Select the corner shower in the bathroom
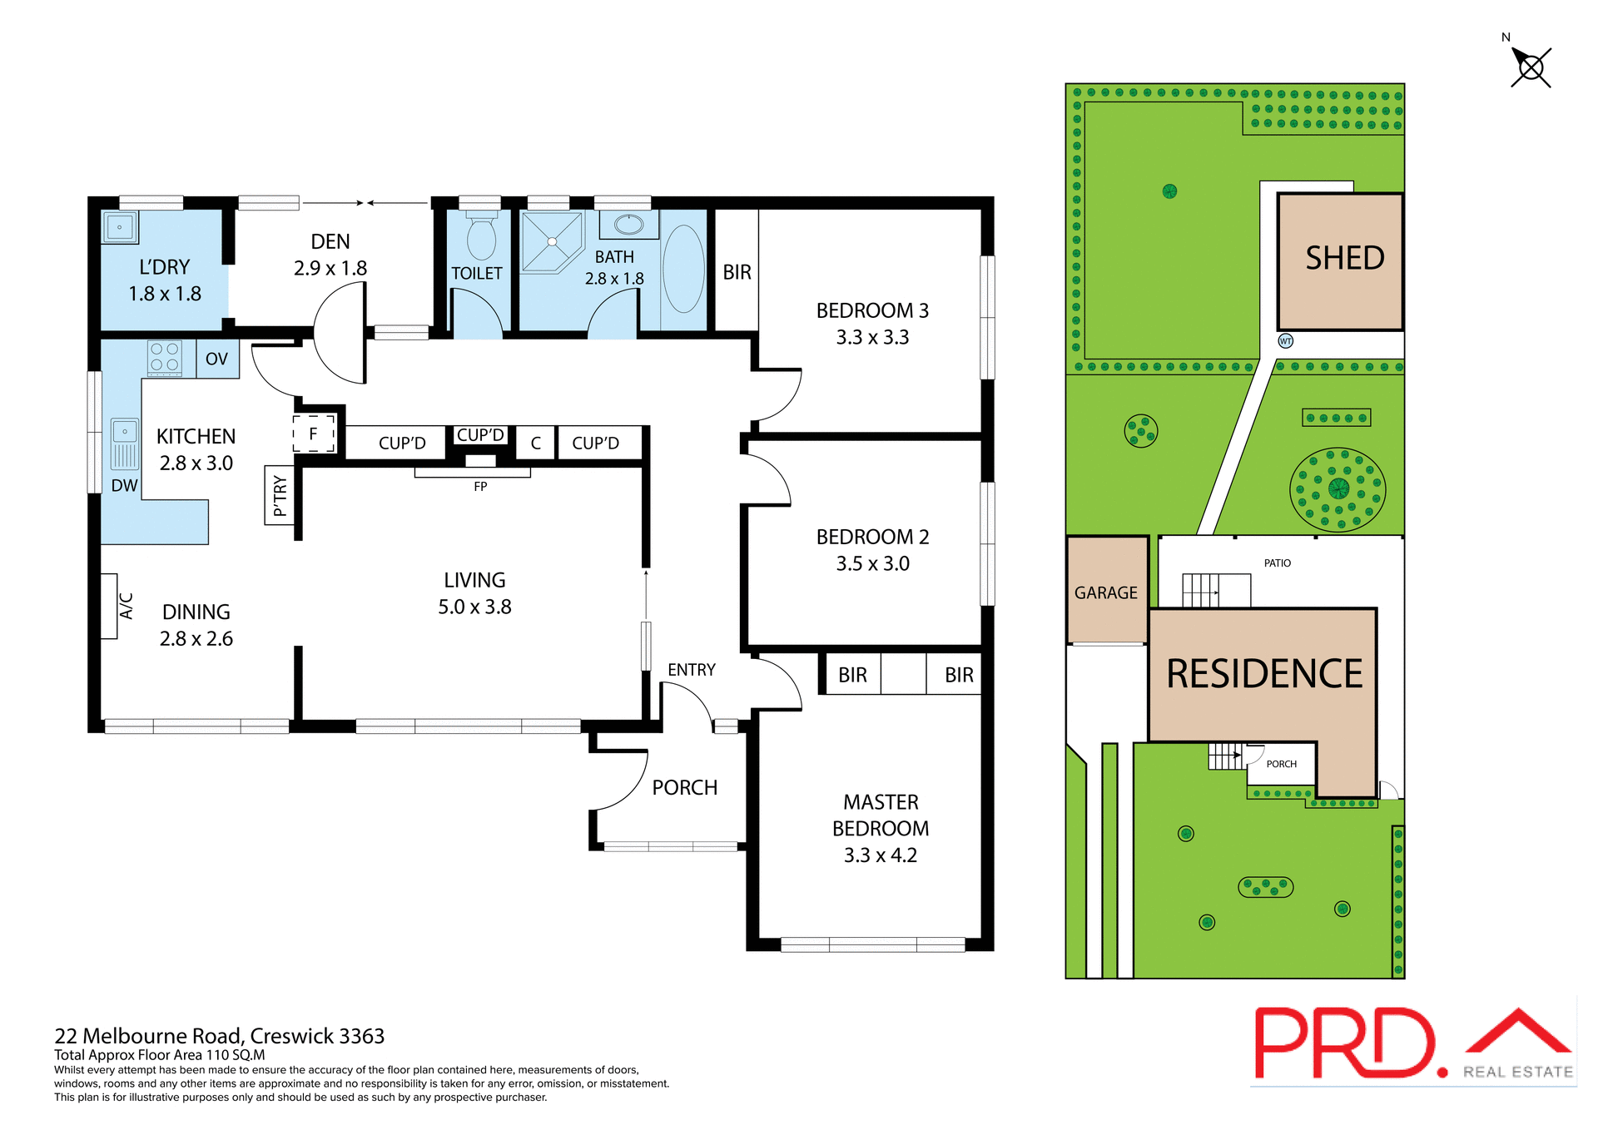[551, 241]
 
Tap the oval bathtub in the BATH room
[683, 269]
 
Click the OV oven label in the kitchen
[216, 359]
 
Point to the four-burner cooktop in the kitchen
[164, 358]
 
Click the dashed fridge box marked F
[314, 434]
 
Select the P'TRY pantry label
[280, 496]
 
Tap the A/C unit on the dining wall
[110, 606]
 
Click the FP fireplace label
[480, 487]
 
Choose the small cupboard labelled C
[536, 444]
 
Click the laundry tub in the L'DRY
[120, 226]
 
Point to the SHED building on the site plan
[1340, 261]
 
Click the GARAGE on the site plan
[1106, 592]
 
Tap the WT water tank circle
[1285, 341]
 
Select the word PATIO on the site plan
[1277, 563]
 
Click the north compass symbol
[1530, 67]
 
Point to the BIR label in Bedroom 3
[737, 272]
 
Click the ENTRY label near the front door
[691, 670]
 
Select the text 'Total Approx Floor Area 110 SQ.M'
[160, 1055]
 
